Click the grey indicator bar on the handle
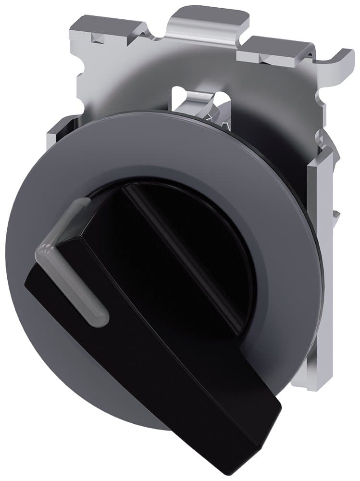[x=72, y=279]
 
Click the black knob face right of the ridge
[x=216, y=250]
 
